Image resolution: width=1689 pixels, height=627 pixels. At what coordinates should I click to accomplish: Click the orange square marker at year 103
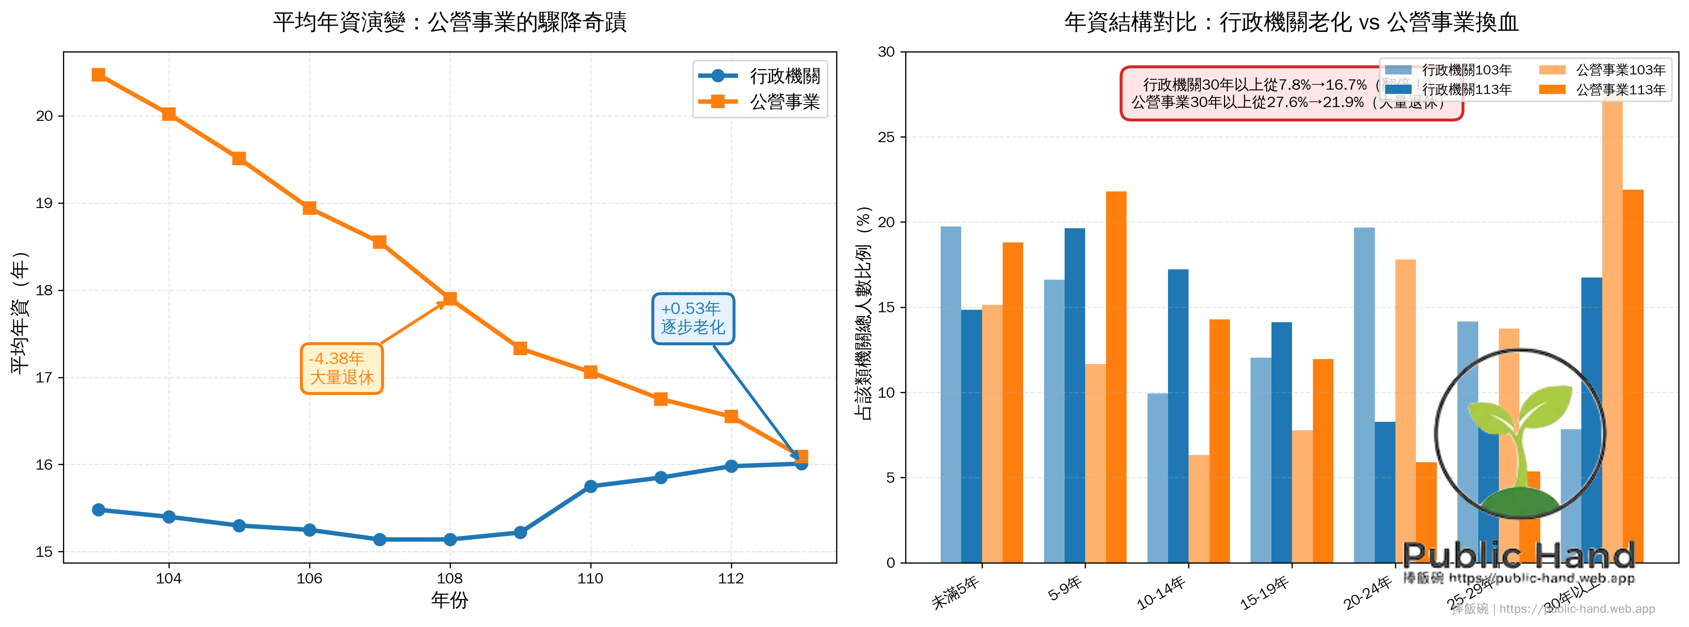pyautogui.click(x=98, y=75)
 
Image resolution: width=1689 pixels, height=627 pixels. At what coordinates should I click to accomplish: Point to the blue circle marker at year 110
pyautogui.click(x=591, y=486)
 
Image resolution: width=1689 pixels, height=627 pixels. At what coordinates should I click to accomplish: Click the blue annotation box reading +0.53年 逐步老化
pyautogui.click(x=693, y=318)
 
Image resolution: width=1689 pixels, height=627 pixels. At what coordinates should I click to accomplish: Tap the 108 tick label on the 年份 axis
pyautogui.click(x=450, y=578)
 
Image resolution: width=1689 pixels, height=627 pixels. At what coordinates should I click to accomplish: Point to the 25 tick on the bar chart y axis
pyautogui.click(x=886, y=137)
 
